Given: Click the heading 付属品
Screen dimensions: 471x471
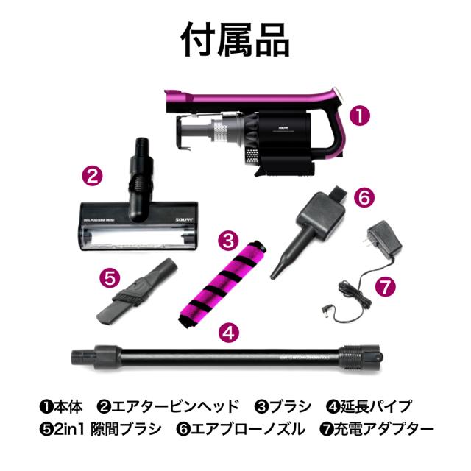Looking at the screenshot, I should [x=235, y=40].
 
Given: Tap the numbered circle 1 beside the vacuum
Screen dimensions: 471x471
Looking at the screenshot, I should [x=359, y=116].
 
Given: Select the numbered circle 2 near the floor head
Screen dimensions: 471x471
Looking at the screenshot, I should [x=91, y=176].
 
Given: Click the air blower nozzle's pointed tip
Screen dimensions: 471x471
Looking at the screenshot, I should [x=279, y=272].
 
